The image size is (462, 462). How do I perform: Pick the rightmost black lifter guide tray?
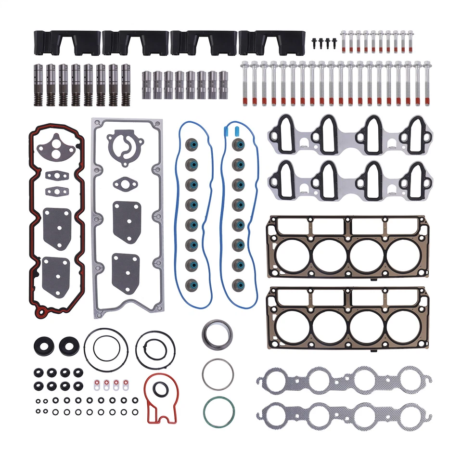pyautogui.click(x=272, y=43)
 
